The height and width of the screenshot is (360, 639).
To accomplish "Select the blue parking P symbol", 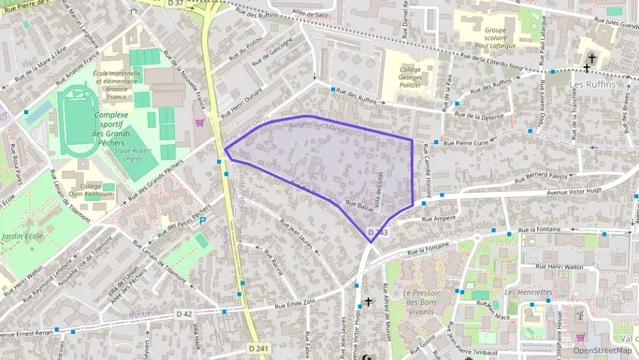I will point(202,221).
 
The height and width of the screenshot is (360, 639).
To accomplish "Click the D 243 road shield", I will point(378,233).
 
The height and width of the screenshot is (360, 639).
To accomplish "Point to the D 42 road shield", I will point(184,314).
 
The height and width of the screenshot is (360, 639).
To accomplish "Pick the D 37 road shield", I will point(175,3).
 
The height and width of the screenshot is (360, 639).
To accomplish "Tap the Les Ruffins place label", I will point(592,84).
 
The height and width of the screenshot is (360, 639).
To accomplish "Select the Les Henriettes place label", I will point(528,292).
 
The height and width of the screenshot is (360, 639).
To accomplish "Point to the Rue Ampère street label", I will point(439,219).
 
